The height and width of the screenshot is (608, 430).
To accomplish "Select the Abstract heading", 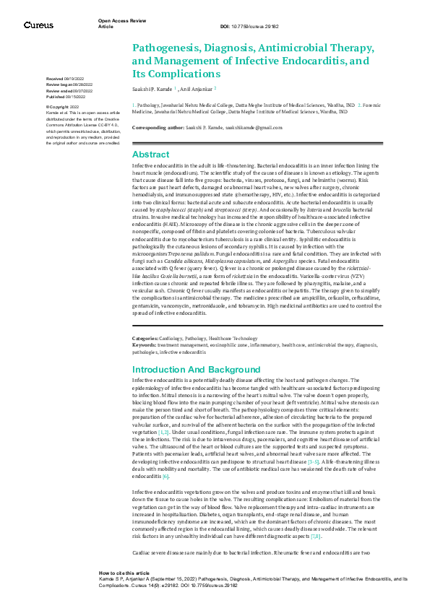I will point(150,155).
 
